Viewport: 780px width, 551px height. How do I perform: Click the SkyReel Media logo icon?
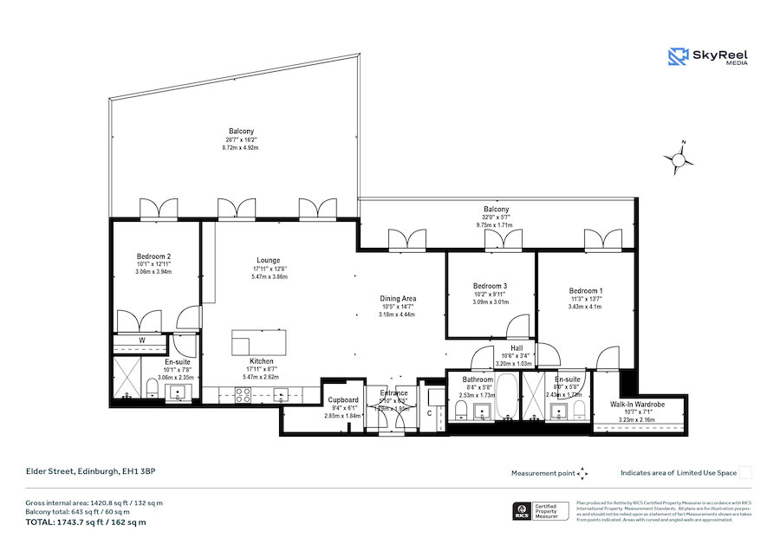click(678, 57)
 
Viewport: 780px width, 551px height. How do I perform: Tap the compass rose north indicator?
click(678, 158)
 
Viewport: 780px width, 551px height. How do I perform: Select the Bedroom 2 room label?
click(153, 256)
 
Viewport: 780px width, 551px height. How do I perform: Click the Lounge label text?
click(268, 260)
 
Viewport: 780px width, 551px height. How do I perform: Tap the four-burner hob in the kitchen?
click(244, 394)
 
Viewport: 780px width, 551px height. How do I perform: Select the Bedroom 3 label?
click(490, 287)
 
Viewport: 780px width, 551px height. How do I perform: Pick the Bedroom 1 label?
click(586, 291)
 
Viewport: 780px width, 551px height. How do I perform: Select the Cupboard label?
click(343, 400)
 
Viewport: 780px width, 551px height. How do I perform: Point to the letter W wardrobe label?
click(141, 340)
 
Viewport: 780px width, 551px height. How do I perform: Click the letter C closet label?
click(429, 412)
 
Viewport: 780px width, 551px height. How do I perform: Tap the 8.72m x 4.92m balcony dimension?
click(240, 147)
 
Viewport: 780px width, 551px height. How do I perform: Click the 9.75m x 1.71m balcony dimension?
click(494, 224)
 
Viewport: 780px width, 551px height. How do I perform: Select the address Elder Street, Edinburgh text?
click(89, 472)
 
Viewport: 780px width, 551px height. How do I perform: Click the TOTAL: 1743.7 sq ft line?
click(86, 522)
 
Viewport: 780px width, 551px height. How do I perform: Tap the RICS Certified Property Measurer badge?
click(543, 511)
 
